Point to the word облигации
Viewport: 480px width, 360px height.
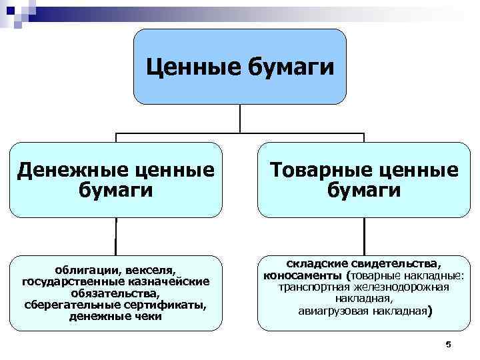[x=83, y=271]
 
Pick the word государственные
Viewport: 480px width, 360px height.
[x=67, y=282]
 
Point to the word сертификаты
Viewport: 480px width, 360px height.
[x=164, y=305]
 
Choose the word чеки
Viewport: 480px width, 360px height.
[x=148, y=316]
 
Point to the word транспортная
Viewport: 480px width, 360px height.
[x=315, y=287]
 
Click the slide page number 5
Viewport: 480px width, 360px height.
[x=448, y=344]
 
